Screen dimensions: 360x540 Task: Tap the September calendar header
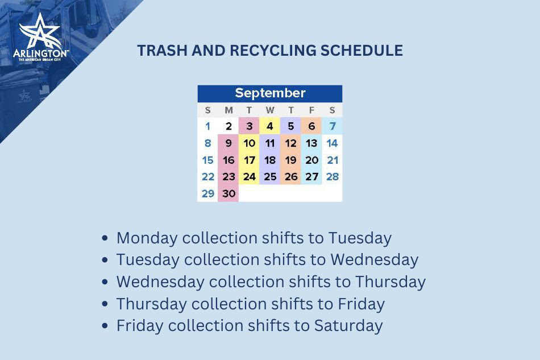(x=270, y=93)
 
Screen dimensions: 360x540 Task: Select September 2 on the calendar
(x=229, y=126)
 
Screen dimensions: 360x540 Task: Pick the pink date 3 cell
(x=249, y=126)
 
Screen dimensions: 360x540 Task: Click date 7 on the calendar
(x=332, y=126)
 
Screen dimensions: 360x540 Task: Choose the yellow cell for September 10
(x=249, y=143)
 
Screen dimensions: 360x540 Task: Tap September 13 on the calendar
(x=311, y=143)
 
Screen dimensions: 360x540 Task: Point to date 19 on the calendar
(x=290, y=160)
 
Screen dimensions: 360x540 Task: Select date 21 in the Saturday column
(x=333, y=160)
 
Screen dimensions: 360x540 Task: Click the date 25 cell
(x=270, y=177)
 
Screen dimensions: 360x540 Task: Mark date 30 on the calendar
(x=229, y=193)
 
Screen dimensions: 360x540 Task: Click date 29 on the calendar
(x=208, y=193)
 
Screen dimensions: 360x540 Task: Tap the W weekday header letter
(x=270, y=110)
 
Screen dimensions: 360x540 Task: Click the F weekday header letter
(x=311, y=110)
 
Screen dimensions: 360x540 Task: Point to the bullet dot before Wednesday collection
(x=105, y=283)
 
